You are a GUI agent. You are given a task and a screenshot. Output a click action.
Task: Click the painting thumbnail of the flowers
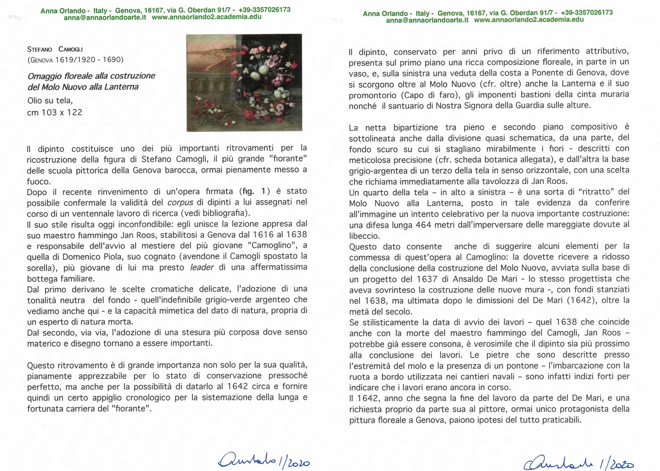tap(244, 83)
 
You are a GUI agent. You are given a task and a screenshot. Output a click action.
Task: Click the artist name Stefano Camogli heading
tap(55, 49)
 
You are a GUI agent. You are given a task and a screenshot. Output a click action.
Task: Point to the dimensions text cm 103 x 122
tap(55, 113)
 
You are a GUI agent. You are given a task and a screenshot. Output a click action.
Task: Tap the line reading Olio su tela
tap(50, 101)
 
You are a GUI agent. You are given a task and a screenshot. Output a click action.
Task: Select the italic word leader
tap(201, 267)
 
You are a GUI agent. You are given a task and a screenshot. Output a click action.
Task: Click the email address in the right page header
tap(427, 20)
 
